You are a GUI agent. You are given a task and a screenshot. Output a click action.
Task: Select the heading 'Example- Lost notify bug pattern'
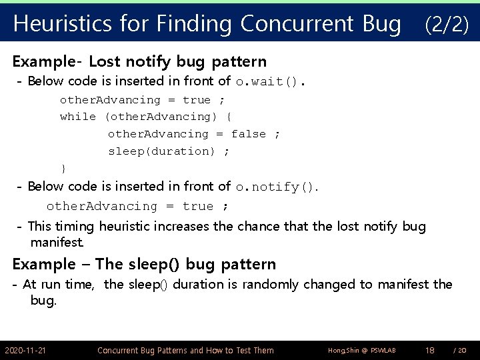point(139,62)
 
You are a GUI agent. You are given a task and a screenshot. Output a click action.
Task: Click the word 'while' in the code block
point(77,117)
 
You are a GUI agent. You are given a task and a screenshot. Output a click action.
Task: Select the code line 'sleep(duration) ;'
point(169,151)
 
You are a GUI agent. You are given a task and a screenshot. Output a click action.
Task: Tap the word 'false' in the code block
point(248,134)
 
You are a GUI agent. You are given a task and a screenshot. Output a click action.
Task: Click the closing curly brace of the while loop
point(63,168)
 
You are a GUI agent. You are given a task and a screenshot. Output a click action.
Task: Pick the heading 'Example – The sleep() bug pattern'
point(144,264)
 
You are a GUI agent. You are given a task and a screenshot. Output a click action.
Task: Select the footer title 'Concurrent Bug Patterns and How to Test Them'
point(185,350)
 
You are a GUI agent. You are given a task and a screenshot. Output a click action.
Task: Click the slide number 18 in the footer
point(431,350)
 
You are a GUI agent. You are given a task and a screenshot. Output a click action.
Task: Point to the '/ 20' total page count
point(459,350)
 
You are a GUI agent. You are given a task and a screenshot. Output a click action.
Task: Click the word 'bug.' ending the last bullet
point(43,301)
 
